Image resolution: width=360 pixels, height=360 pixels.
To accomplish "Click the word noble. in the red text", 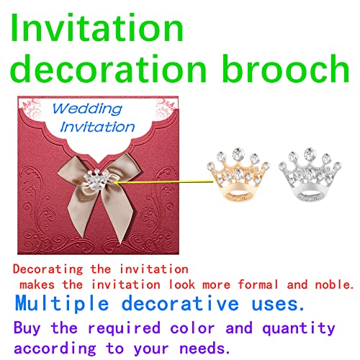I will click(x=332, y=284).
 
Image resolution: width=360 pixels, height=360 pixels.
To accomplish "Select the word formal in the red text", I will click(x=248, y=284).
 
